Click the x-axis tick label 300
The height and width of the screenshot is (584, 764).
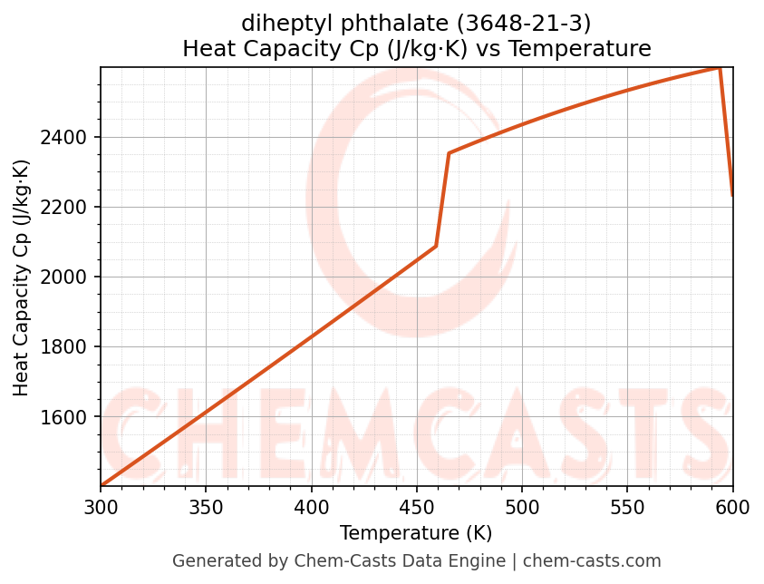pos(101,509)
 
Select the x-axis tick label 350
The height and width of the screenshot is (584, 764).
pos(206,509)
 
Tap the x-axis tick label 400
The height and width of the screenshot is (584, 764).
pos(311,509)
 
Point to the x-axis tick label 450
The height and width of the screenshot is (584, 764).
pos(416,509)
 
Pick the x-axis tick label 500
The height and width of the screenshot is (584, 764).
pos(522,509)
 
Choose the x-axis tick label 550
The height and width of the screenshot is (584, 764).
pos(627,509)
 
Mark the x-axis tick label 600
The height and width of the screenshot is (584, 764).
pos(732,509)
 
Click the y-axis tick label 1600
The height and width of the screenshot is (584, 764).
pos(68,417)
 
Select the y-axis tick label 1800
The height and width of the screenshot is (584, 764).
pos(68,347)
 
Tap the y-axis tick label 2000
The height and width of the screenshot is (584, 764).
pos(68,277)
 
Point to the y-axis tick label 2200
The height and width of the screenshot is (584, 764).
pos(68,208)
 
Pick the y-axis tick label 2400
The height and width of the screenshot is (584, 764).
pos(68,138)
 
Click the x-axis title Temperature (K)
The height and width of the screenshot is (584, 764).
pos(416,533)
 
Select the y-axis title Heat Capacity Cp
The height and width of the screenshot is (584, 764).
pos(22,277)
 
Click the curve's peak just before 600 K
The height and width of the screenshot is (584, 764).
pos(720,68)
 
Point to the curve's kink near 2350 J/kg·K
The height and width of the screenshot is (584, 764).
pos(449,152)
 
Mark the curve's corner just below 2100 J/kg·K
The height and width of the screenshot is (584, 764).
pos(436,246)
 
